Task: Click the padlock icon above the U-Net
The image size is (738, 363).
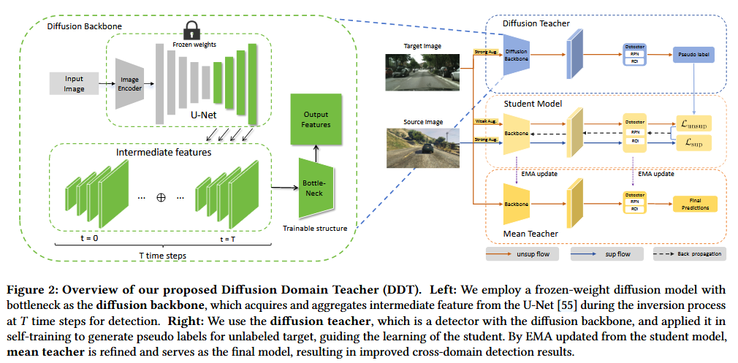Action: tap(191, 30)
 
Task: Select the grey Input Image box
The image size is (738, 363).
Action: tap(75, 83)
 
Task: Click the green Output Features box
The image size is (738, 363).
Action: tap(316, 118)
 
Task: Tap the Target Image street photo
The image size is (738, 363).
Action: tap(422, 69)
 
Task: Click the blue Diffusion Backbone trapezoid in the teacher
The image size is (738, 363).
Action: tap(516, 54)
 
